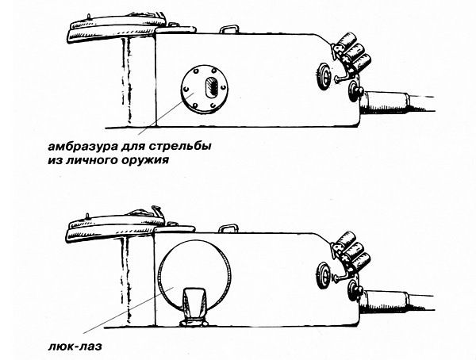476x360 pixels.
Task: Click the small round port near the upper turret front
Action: click(x=324, y=75)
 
